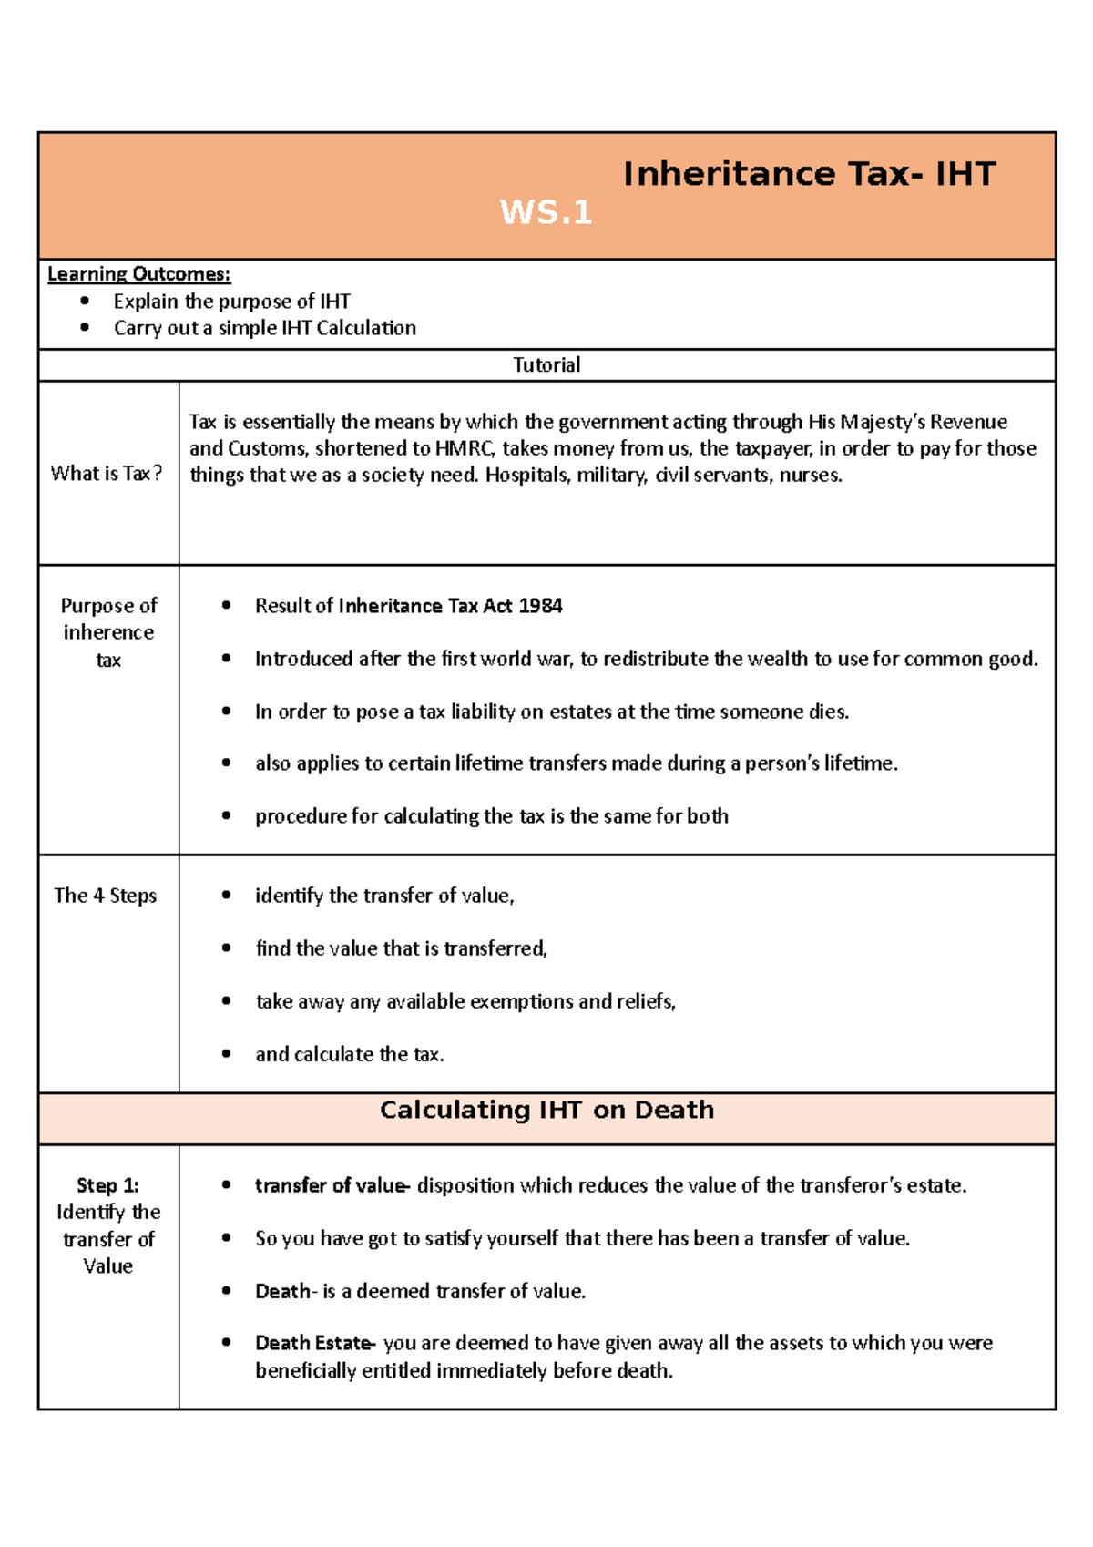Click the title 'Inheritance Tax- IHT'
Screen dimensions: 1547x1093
[x=809, y=174]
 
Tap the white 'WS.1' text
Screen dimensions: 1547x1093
[x=546, y=212]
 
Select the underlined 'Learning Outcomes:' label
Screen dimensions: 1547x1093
[x=138, y=273]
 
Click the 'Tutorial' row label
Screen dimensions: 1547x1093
[x=546, y=365]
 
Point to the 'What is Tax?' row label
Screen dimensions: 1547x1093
[x=107, y=474]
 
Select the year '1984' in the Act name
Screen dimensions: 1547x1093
[x=540, y=606]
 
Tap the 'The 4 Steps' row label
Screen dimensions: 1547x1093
[x=106, y=896]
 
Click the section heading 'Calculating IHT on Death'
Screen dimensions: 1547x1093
[x=546, y=1110]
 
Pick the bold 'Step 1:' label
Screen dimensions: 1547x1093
[x=107, y=1185]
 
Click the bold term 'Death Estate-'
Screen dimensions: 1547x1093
[x=314, y=1343]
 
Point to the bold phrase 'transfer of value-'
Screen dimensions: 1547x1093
[x=332, y=1185]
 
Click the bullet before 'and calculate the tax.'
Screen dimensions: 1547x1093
[x=226, y=1054]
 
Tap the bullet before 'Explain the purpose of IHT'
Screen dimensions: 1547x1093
[x=85, y=301]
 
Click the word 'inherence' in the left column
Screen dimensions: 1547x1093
[x=108, y=632]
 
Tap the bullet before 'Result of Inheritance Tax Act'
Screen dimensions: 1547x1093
[x=226, y=606]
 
